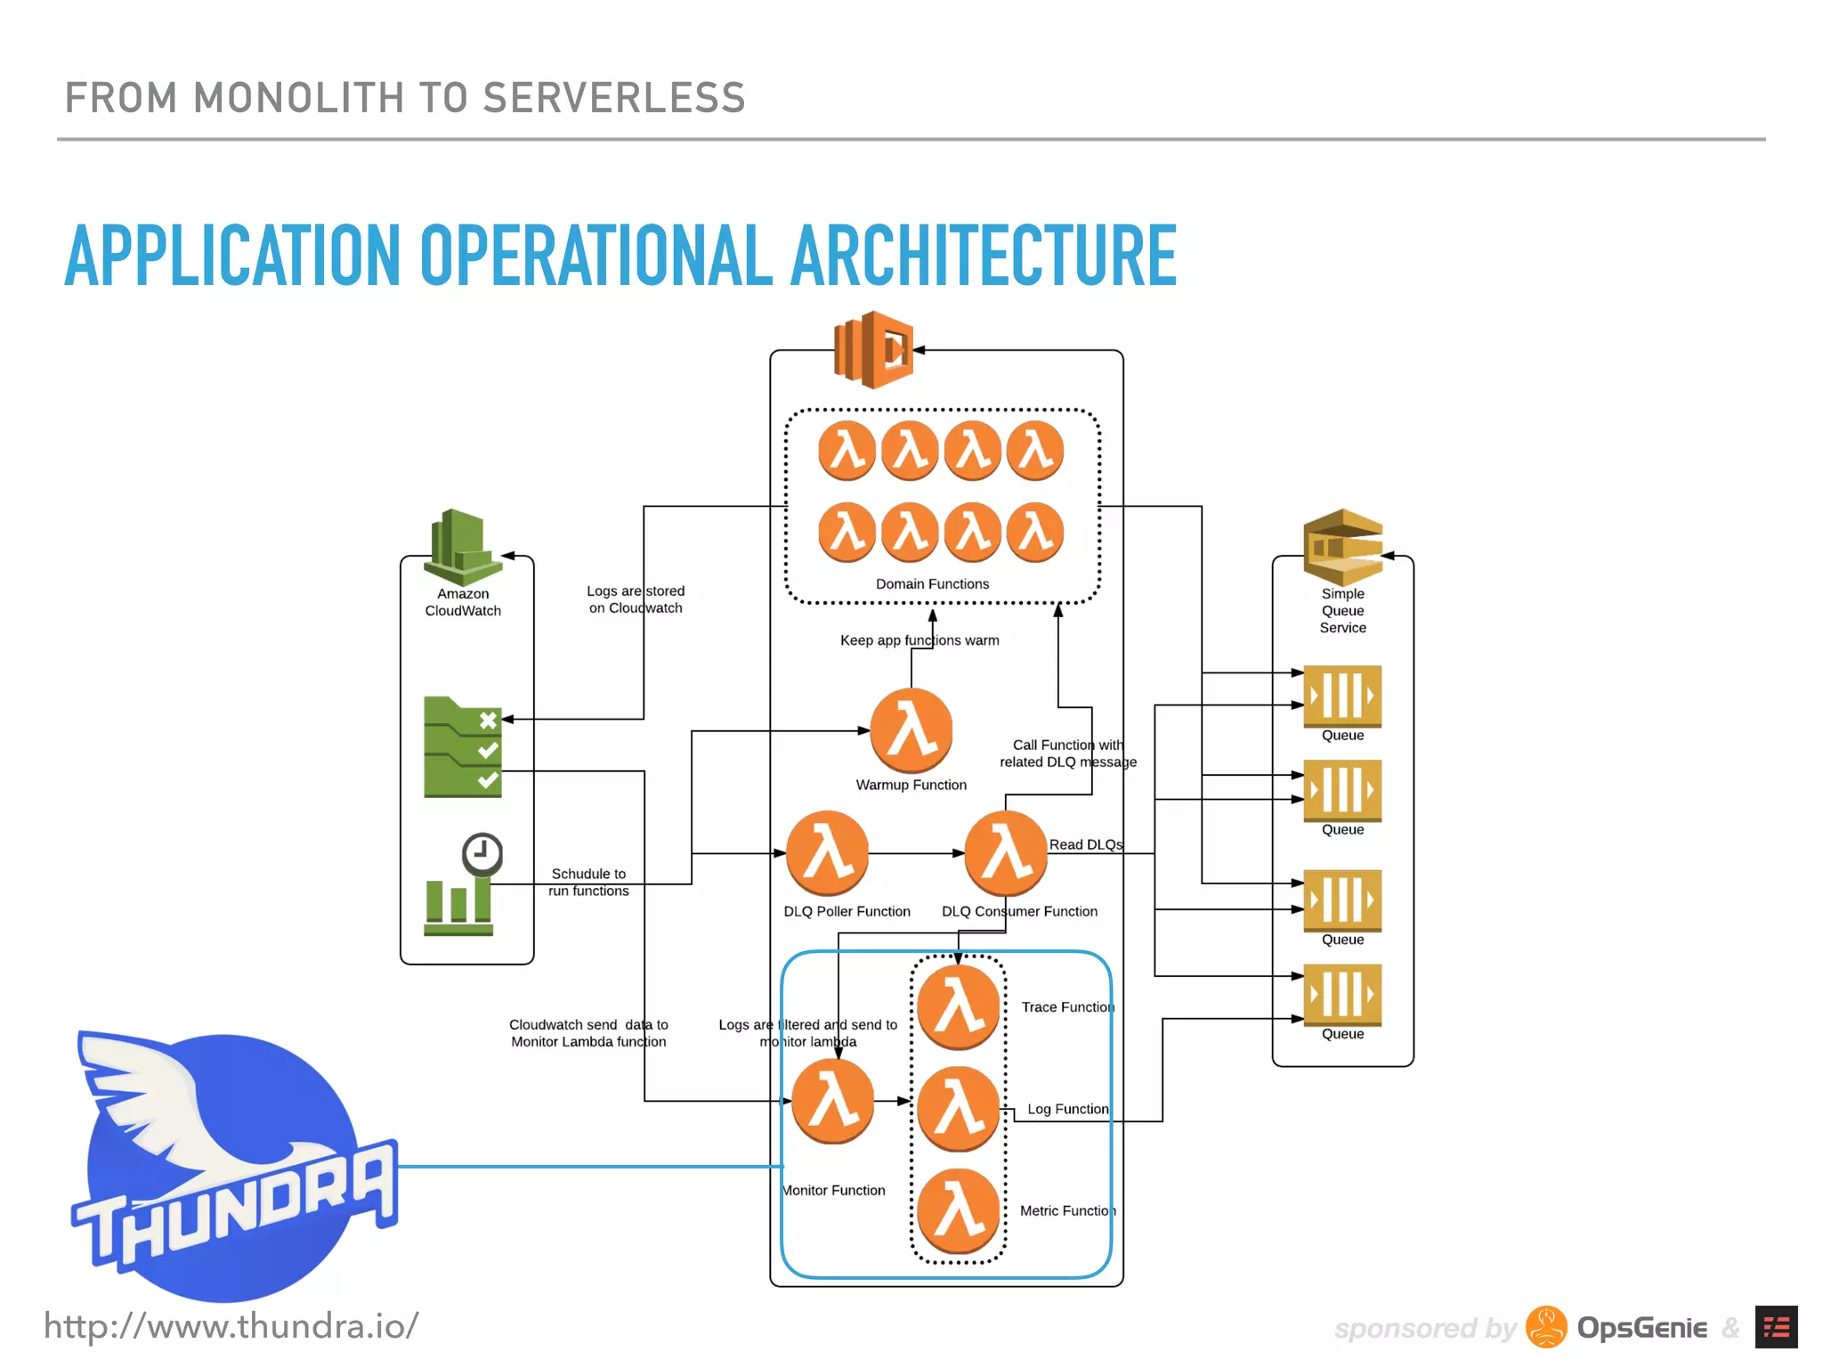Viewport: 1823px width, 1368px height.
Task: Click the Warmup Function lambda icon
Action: point(911,730)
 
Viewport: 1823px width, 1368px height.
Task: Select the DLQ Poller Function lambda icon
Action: point(827,852)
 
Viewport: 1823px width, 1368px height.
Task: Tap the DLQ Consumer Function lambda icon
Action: point(1006,852)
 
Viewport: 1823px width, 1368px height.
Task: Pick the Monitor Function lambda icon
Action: point(833,1101)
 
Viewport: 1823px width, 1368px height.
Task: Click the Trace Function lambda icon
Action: point(959,1007)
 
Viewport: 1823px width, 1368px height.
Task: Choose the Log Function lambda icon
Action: point(959,1109)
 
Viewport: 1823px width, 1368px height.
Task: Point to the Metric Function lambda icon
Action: point(959,1210)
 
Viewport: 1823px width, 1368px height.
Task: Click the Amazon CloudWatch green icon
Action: point(462,546)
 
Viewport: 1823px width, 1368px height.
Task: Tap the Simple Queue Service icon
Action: point(1342,546)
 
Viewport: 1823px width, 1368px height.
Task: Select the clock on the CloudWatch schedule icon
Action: point(482,853)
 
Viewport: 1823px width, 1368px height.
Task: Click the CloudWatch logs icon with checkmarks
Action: point(462,746)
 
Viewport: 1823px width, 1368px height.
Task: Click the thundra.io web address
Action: point(231,1326)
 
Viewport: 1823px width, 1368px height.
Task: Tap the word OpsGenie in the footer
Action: point(1641,1328)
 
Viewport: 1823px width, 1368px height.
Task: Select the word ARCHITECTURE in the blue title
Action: point(984,256)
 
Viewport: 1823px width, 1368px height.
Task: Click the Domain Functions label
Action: point(932,584)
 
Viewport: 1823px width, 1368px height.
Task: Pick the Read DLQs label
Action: point(1085,844)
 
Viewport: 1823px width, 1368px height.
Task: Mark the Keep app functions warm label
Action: point(920,640)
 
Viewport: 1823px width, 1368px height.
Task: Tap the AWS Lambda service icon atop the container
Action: point(873,350)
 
